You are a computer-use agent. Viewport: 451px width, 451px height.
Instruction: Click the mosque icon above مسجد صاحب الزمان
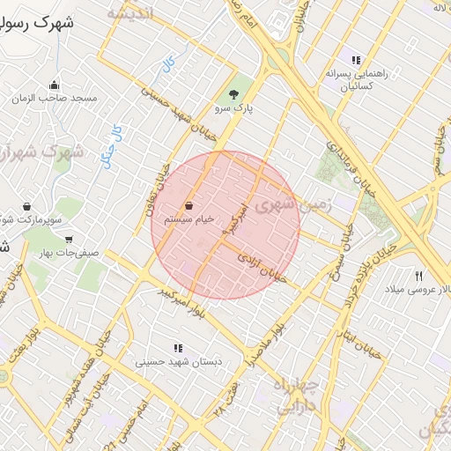(55, 85)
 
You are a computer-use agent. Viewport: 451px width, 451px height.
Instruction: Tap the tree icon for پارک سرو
(233, 94)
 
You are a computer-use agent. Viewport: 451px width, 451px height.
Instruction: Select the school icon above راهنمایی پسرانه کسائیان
(356, 60)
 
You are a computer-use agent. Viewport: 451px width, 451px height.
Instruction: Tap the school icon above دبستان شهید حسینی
(179, 348)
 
